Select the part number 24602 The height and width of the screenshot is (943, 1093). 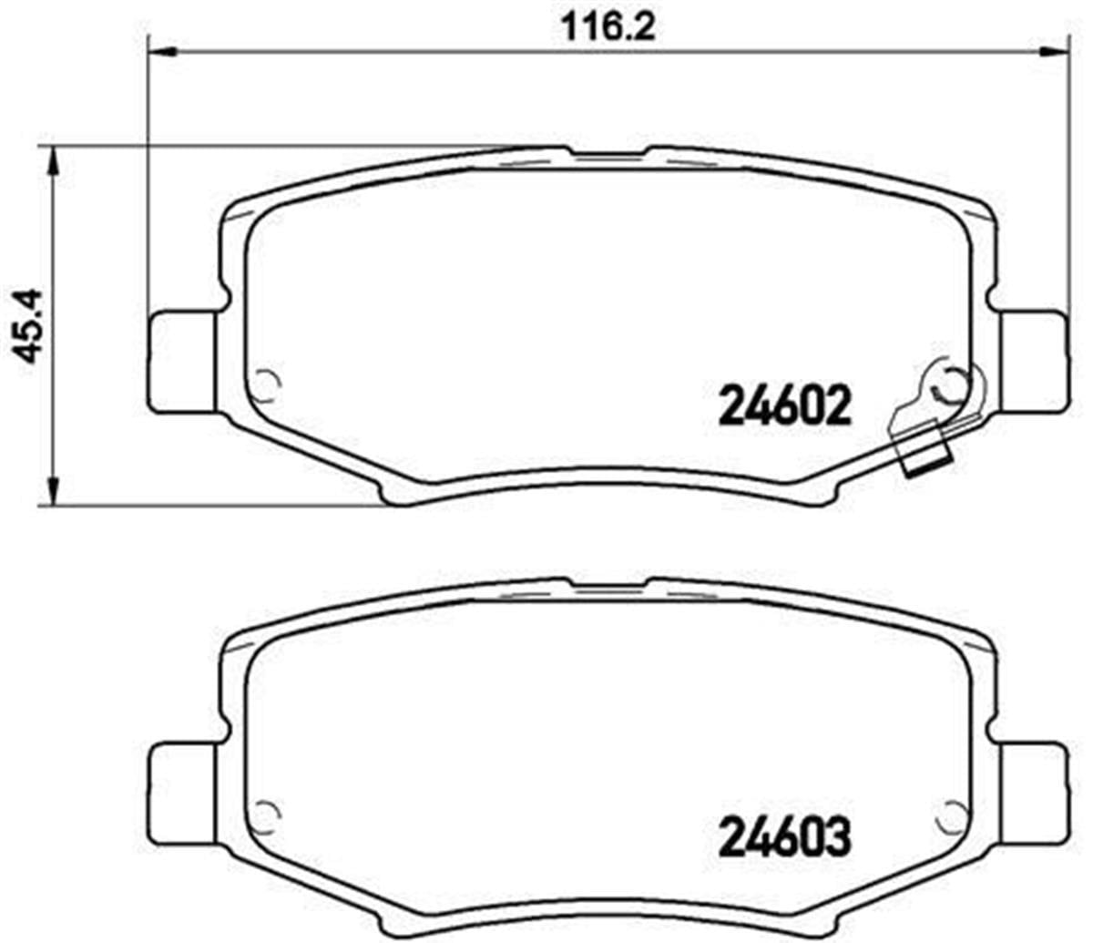coord(785,405)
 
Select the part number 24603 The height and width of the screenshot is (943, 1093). coord(785,835)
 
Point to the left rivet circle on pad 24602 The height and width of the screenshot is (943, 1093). coord(266,386)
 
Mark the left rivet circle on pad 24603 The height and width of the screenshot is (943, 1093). coord(266,813)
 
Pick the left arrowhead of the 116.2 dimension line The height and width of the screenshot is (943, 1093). coord(160,52)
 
